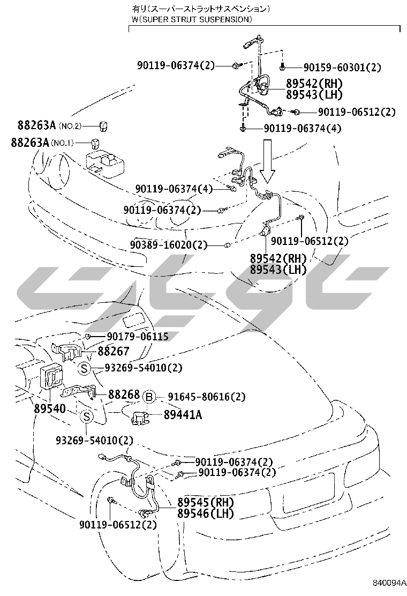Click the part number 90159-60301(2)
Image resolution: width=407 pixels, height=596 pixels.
coord(342,68)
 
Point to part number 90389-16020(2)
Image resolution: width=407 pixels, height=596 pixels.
coord(168,245)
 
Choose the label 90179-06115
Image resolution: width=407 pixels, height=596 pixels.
coord(138,337)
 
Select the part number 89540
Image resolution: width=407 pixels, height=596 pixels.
coord(50,409)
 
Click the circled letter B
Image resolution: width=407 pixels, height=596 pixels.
coord(149,397)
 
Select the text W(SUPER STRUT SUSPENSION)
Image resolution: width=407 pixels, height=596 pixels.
coord(191,19)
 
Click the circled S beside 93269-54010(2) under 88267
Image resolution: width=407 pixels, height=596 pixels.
coord(84,368)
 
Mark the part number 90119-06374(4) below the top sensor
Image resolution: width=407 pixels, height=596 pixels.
coord(303,129)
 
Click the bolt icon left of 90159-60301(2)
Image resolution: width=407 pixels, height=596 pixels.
coord(282,68)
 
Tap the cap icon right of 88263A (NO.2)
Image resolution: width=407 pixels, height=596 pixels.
coord(103,125)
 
